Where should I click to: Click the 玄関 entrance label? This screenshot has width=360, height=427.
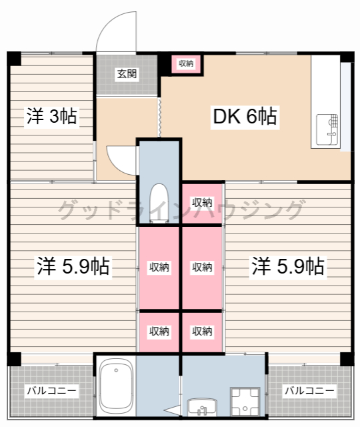click(127, 73)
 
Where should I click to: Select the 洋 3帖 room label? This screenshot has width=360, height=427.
click(51, 117)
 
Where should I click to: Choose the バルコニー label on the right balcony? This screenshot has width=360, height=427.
click(309, 390)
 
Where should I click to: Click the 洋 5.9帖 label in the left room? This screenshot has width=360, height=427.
click(73, 267)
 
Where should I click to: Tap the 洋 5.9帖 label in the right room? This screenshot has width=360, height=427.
click(288, 267)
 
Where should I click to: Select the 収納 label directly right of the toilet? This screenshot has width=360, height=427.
click(202, 202)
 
